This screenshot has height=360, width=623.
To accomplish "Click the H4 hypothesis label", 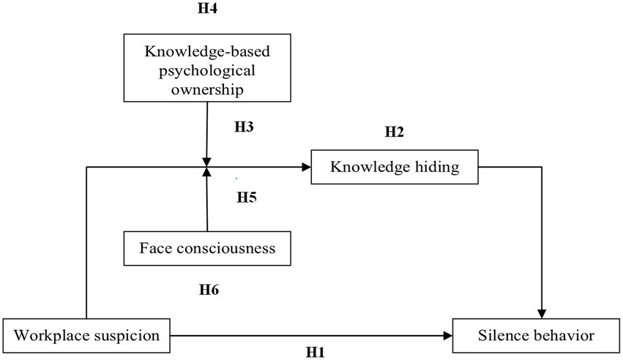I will click(x=207, y=10).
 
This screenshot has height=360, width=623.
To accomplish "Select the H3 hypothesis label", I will click(x=244, y=127).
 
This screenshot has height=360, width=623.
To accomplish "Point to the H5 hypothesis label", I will click(x=247, y=197).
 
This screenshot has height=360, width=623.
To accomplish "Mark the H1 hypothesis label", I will click(x=315, y=352).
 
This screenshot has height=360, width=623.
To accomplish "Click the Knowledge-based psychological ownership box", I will click(x=208, y=71).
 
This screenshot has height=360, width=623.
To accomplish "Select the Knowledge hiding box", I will click(x=395, y=167).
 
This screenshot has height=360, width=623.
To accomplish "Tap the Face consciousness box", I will click(x=208, y=248).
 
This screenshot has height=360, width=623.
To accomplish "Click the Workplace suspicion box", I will click(x=87, y=336).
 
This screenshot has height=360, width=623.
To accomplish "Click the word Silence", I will click(x=501, y=336).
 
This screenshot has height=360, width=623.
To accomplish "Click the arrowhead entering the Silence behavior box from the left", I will click(x=448, y=337).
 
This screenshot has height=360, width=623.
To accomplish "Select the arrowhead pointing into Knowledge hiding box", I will click(x=305, y=168).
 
